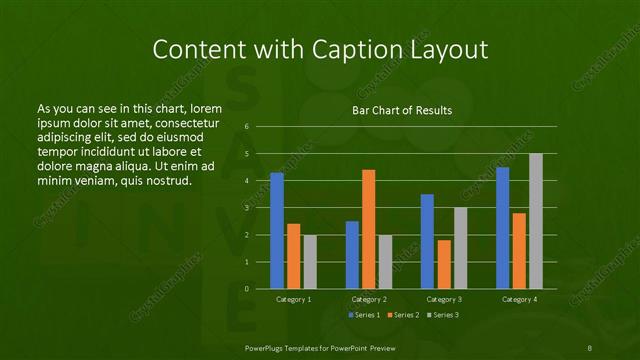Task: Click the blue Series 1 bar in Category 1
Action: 277,231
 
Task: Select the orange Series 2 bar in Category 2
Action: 369,229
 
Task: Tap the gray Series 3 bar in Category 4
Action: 536,221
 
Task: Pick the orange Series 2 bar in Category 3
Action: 444,264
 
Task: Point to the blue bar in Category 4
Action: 502,228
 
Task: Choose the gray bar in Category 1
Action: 310,262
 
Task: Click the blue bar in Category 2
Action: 352,255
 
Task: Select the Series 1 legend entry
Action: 364,316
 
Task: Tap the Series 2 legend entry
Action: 403,316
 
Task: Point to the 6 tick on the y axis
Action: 246,127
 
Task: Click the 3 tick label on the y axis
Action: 246,208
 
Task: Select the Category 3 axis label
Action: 443,299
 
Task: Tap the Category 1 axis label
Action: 293,299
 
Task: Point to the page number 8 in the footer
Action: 590,346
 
